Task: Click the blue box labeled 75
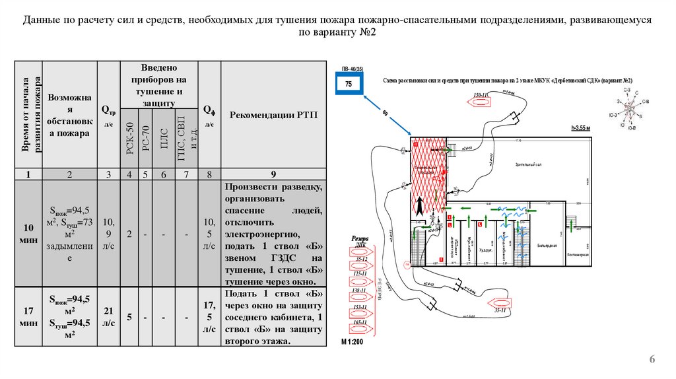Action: coord(348,85)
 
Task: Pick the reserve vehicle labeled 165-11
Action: coord(360,326)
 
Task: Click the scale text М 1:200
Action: coord(352,342)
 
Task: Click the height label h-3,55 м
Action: coord(580,127)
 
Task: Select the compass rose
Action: coord(632,104)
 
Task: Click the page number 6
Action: coord(652,359)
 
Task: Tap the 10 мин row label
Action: coord(28,232)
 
